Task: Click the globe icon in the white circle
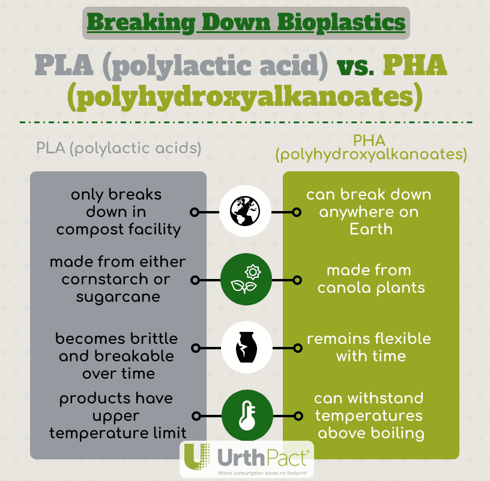245,212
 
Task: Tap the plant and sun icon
245,280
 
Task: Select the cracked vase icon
245,348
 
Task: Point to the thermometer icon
245,415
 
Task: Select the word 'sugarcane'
118,296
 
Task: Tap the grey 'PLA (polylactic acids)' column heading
118,148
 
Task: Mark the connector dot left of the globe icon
194,212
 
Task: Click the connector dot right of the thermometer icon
295,415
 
